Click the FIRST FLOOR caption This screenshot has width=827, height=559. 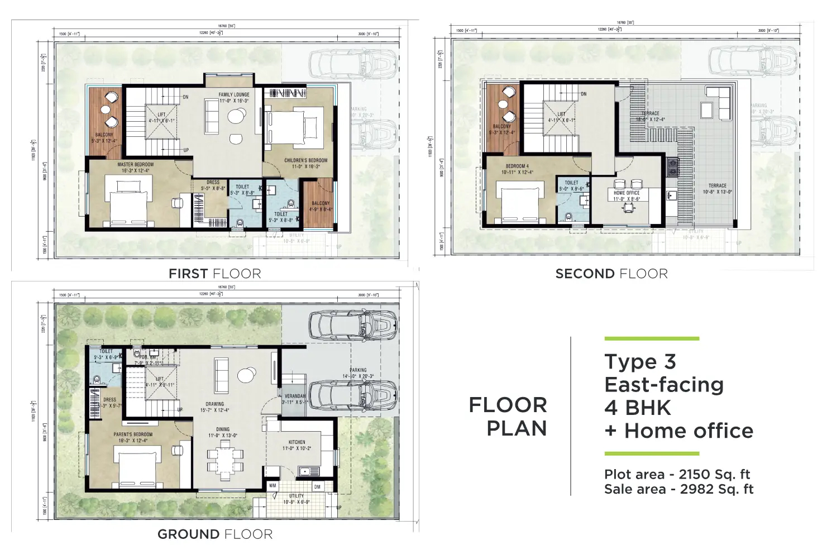pyautogui.click(x=215, y=274)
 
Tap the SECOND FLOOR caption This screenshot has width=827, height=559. pyautogui.click(x=611, y=274)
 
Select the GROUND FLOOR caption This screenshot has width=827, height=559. pyautogui.click(x=215, y=534)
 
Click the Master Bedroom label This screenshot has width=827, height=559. pyautogui.click(x=135, y=165)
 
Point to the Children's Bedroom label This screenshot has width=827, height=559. pyautogui.click(x=305, y=161)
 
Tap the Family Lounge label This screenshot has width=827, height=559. pyautogui.click(x=234, y=95)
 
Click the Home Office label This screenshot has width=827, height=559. pyautogui.click(x=627, y=193)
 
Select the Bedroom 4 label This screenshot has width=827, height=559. pyautogui.click(x=517, y=166)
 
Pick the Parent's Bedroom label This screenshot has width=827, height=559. pyautogui.click(x=133, y=434)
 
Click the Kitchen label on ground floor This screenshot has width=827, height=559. pyautogui.click(x=297, y=442)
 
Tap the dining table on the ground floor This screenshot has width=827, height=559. pyautogui.click(x=226, y=458)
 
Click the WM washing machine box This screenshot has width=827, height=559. pyautogui.click(x=273, y=486)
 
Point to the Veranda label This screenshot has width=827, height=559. pyautogui.click(x=295, y=396)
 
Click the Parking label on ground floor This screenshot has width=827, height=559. pyautogui.click(x=358, y=370)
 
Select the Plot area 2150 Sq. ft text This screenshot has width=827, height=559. pyautogui.click(x=677, y=475)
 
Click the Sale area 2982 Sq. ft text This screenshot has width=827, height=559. pyautogui.click(x=678, y=489)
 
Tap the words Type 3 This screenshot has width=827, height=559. pyautogui.click(x=640, y=362)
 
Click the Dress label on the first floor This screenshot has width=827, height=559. pyautogui.click(x=213, y=183)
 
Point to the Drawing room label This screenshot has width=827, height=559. pyautogui.click(x=214, y=404)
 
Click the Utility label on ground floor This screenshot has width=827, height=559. pyautogui.click(x=297, y=496)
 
